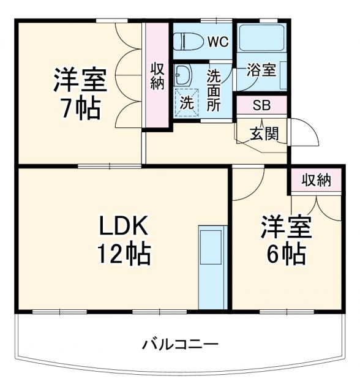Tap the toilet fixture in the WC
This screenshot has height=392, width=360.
tap(186, 41)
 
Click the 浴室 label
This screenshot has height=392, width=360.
tap(261, 70)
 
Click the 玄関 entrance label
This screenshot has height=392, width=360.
tap(266, 134)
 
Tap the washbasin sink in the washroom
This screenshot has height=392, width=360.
tap(182, 75)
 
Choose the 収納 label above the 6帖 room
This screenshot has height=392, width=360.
tap(316, 180)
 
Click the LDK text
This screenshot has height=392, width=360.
tap(124, 228)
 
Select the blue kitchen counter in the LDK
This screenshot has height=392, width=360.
tap(212, 266)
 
